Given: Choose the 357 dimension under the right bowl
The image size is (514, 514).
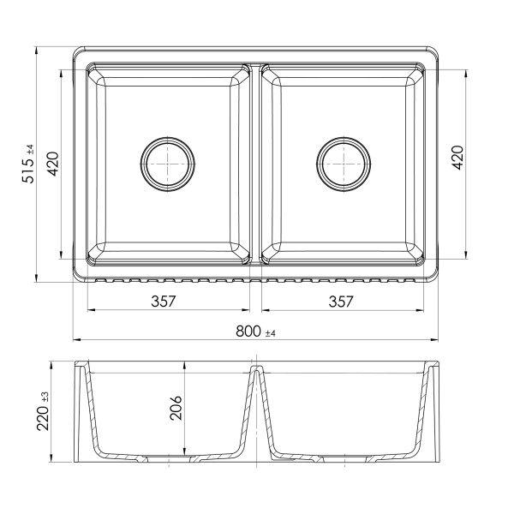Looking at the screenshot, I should [340, 301].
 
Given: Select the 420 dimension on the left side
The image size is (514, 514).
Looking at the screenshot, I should [52, 164].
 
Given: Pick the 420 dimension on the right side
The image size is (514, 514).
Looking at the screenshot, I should [457, 158].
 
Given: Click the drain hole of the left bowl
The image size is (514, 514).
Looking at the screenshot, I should [167, 162].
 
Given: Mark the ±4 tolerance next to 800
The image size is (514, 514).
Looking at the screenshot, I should [271, 332].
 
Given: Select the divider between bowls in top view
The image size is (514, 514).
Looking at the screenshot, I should [256, 163].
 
